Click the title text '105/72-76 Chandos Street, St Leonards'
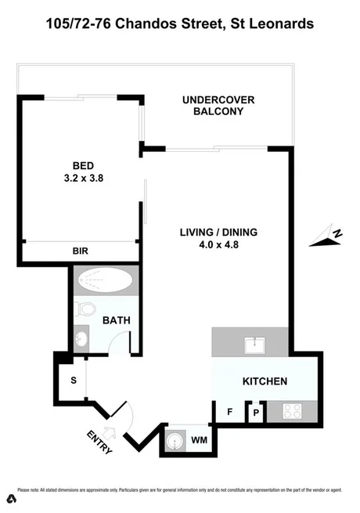[x=180, y=24]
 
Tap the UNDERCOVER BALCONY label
[x=213, y=106]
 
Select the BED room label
[x=83, y=165]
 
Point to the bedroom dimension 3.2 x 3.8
[x=83, y=178]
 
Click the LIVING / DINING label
[x=218, y=233]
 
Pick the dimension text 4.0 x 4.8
[x=218, y=245]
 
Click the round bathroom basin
[x=82, y=338]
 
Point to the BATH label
[x=116, y=320]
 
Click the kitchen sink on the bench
[x=255, y=343]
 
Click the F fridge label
[x=229, y=410]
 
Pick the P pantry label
[x=255, y=412]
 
